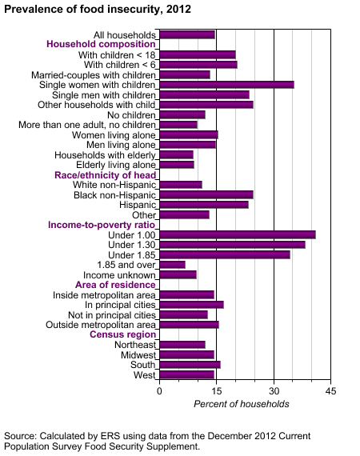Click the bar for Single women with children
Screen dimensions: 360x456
226,85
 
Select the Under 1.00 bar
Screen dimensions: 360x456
238,234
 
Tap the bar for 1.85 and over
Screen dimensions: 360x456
172,265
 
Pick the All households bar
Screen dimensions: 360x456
187,35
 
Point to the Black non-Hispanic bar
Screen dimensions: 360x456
206,195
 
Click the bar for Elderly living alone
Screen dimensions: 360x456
177,165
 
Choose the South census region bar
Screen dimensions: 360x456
190,365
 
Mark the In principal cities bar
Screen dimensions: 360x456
191,305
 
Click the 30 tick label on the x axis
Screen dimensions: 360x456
274,391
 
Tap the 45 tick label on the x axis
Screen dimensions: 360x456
330,391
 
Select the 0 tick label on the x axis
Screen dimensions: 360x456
159,391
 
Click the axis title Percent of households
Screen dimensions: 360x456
242,404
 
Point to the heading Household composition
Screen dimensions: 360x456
101,44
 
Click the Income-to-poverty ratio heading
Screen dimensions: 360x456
102,225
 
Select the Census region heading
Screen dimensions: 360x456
122,334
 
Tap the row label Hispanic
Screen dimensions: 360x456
138,205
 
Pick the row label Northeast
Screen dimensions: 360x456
135,345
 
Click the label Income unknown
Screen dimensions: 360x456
119,275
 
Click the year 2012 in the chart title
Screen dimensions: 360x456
178,9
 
